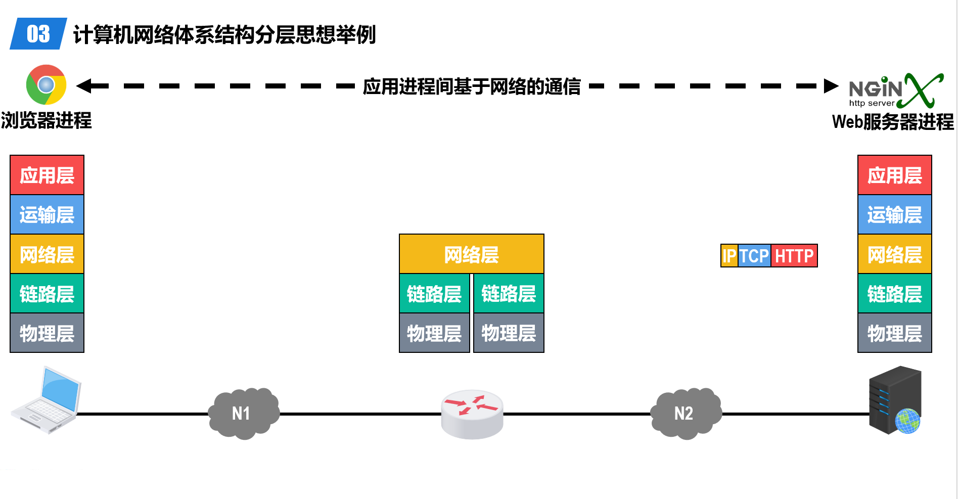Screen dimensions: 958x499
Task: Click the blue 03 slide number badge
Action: (x=38, y=34)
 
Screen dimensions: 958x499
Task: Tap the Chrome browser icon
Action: (x=46, y=84)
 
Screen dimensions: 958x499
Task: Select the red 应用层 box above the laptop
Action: (x=47, y=175)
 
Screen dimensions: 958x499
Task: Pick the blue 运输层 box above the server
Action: (x=894, y=214)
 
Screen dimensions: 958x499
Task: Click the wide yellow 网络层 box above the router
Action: (x=471, y=254)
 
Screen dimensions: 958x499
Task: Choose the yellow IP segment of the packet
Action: (x=729, y=256)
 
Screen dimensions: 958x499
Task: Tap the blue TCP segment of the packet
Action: (x=754, y=256)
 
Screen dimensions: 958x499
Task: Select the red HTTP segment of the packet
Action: (x=794, y=256)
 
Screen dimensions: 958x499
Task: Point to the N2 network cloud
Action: (x=686, y=413)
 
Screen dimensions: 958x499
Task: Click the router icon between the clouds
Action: (x=472, y=414)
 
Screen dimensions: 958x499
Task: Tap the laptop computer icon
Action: (x=46, y=399)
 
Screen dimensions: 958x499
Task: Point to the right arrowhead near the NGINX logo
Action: (x=831, y=86)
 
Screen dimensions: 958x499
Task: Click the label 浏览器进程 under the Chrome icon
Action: (x=46, y=120)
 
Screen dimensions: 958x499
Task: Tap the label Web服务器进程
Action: (x=893, y=121)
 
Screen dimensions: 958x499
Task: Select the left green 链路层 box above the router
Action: (x=434, y=293)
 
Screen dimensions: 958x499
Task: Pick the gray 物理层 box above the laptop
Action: (x=47, y=333)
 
